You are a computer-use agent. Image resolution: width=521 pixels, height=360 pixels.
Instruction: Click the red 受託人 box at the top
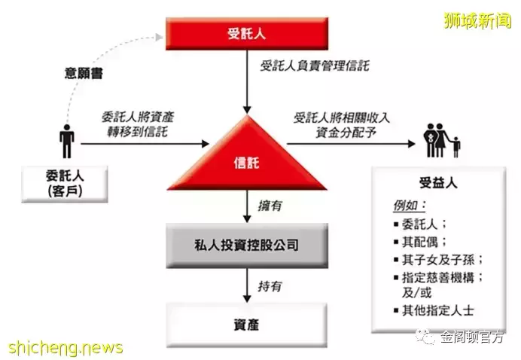(247, 34)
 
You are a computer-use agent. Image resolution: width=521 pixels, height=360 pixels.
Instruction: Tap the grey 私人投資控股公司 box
(247, 246)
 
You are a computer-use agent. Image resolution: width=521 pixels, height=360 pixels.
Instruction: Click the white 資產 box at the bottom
(246, 325)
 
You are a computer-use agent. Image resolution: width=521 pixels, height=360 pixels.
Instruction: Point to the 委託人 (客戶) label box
(65, 184)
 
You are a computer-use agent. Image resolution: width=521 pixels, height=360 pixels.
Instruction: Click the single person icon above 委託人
(67, 142)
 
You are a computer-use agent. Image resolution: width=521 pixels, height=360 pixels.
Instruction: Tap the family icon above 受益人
(442, 140)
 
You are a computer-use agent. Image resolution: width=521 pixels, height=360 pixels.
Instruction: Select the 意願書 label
(84, 73)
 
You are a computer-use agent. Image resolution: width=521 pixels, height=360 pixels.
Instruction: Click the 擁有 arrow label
(270, 206)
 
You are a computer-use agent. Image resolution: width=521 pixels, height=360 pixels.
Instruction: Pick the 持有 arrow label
(270, 286)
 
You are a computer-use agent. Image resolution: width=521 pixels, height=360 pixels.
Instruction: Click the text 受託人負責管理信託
(314, 66)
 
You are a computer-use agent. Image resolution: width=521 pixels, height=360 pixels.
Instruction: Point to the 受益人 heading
(438, 183)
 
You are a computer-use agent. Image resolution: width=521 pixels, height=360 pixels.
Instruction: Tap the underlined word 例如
(410, 206)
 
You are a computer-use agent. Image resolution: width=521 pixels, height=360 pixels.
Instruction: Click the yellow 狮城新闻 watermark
(477, 21)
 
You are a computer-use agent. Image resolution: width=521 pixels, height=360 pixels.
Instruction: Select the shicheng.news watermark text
(66, 348)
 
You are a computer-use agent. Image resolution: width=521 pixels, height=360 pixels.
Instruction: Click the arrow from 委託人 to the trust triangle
(145, 144)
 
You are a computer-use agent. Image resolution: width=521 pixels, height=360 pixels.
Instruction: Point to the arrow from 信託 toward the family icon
(351, 144)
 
